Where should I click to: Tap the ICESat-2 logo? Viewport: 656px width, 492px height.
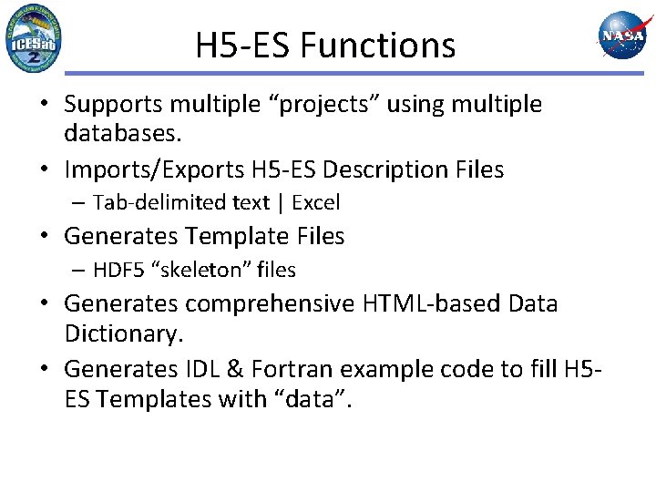(x=33, y=38)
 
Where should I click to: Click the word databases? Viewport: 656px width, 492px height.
(x=123, y=134)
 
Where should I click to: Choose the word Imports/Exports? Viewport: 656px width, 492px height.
(x=160, y=169)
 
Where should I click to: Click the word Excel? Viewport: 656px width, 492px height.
(x=315, y=202)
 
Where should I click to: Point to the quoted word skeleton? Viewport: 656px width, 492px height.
(x=209, y=270)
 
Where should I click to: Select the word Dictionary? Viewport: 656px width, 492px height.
(x=124, y=334)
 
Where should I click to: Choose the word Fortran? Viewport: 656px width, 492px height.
(x=292, y=369)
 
